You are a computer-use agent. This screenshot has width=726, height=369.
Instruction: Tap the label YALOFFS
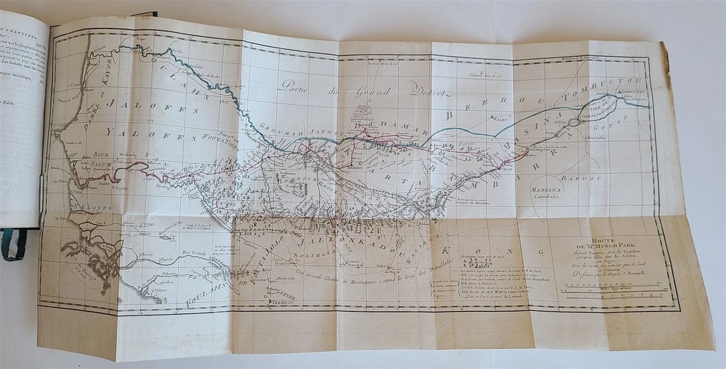point(151,135)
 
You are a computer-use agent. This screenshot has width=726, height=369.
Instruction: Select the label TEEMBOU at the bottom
point(273,307)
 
